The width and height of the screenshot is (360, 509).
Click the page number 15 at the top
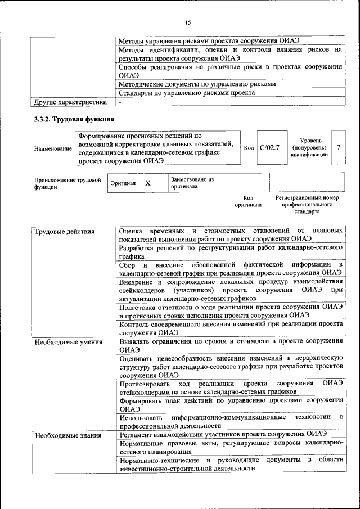coord(187,22)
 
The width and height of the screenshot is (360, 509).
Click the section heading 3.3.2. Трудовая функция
coord(71,119)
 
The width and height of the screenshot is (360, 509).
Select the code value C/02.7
coord(270,147)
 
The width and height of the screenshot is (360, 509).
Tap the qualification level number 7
coord(338,147)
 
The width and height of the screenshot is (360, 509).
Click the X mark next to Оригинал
coord(147,183)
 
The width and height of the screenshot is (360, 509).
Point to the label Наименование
coord(53,148)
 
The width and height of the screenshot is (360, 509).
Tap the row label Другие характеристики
coord(70,102)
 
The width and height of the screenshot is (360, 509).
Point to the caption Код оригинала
coord(248,201)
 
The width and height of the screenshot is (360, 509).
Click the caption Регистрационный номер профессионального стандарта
coord(307,205)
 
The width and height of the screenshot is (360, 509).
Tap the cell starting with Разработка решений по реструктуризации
coord(231,251)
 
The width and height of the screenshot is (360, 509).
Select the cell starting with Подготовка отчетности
coord(231,310)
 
